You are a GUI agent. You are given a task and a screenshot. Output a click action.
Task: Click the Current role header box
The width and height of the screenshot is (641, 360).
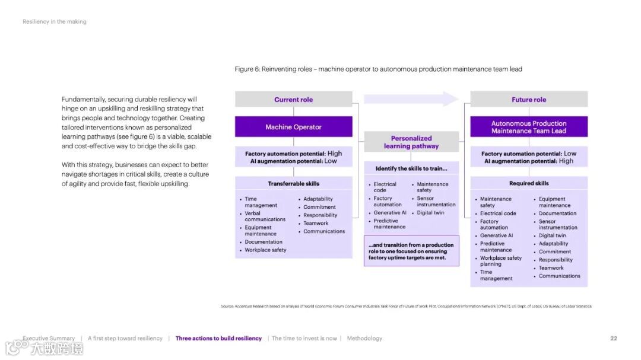point(293,100)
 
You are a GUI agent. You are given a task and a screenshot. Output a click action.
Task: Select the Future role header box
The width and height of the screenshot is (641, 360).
point(529,100)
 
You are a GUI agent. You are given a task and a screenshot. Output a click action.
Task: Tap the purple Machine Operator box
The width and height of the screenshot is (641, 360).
point(293,127)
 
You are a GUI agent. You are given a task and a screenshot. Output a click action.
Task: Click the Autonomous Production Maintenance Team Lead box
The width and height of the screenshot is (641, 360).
point(529,127)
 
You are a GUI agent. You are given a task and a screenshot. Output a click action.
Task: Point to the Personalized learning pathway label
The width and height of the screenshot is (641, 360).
point(411,142)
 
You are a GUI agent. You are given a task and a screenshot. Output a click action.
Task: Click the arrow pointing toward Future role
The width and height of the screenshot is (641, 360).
point(411,99)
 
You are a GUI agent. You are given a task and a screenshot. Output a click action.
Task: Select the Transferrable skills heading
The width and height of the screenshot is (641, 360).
point(293,184)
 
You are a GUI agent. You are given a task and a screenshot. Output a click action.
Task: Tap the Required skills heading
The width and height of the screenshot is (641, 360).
point(529,184)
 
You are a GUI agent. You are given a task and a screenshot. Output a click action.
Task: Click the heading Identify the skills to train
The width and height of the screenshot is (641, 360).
point(411,169)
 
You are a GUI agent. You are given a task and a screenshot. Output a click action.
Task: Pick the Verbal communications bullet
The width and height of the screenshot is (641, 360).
point(265,216)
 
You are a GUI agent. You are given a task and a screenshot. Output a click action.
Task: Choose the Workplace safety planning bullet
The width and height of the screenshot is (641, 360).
point(500,261)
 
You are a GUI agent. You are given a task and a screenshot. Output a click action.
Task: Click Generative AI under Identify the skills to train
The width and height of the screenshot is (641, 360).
point(390,213)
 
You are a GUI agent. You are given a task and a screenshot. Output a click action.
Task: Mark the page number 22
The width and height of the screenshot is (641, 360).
point(614,339)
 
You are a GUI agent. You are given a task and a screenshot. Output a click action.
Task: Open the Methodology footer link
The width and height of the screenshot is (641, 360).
point(364,339)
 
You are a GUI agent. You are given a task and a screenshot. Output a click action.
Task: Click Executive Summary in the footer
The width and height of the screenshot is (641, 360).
point(49,339)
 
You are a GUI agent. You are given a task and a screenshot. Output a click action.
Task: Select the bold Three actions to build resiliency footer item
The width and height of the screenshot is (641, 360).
point(218,339)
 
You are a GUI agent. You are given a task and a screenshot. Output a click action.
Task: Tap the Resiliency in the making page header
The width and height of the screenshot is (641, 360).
point(55,22)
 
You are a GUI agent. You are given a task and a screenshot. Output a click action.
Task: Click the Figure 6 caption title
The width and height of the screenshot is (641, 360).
point(378,69)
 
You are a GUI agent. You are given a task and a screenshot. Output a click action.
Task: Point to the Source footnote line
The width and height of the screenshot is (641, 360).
point(406,307)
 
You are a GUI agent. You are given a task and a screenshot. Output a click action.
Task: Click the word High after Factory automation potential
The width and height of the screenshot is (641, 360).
point(335,154)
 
